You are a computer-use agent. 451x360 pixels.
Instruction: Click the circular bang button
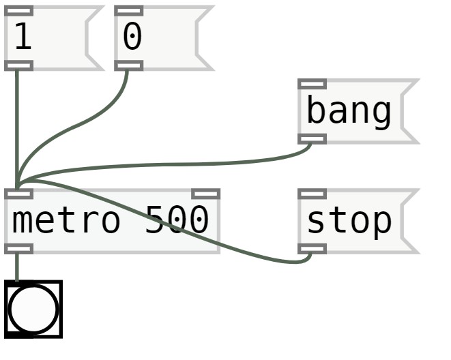[33, 309]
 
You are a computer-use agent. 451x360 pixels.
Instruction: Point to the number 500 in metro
[177, 221]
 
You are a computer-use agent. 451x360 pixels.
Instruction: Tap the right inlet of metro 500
[205, 194]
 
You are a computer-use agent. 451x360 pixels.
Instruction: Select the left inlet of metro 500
[18, 194]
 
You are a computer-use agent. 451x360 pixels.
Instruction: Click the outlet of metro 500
[18, 249]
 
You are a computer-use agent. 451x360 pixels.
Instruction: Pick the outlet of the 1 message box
[18, 65]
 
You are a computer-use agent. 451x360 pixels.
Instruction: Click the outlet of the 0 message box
[129, 65]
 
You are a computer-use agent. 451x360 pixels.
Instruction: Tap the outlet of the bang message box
[312, 139]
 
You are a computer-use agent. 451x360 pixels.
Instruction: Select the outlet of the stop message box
[312, 249]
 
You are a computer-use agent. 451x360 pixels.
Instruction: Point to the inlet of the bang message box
[312, 84]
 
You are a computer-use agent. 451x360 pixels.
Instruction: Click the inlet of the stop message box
[312, 194]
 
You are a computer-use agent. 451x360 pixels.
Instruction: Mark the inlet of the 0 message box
[129, 11]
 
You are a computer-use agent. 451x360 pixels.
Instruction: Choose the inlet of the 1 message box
[18, 11]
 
